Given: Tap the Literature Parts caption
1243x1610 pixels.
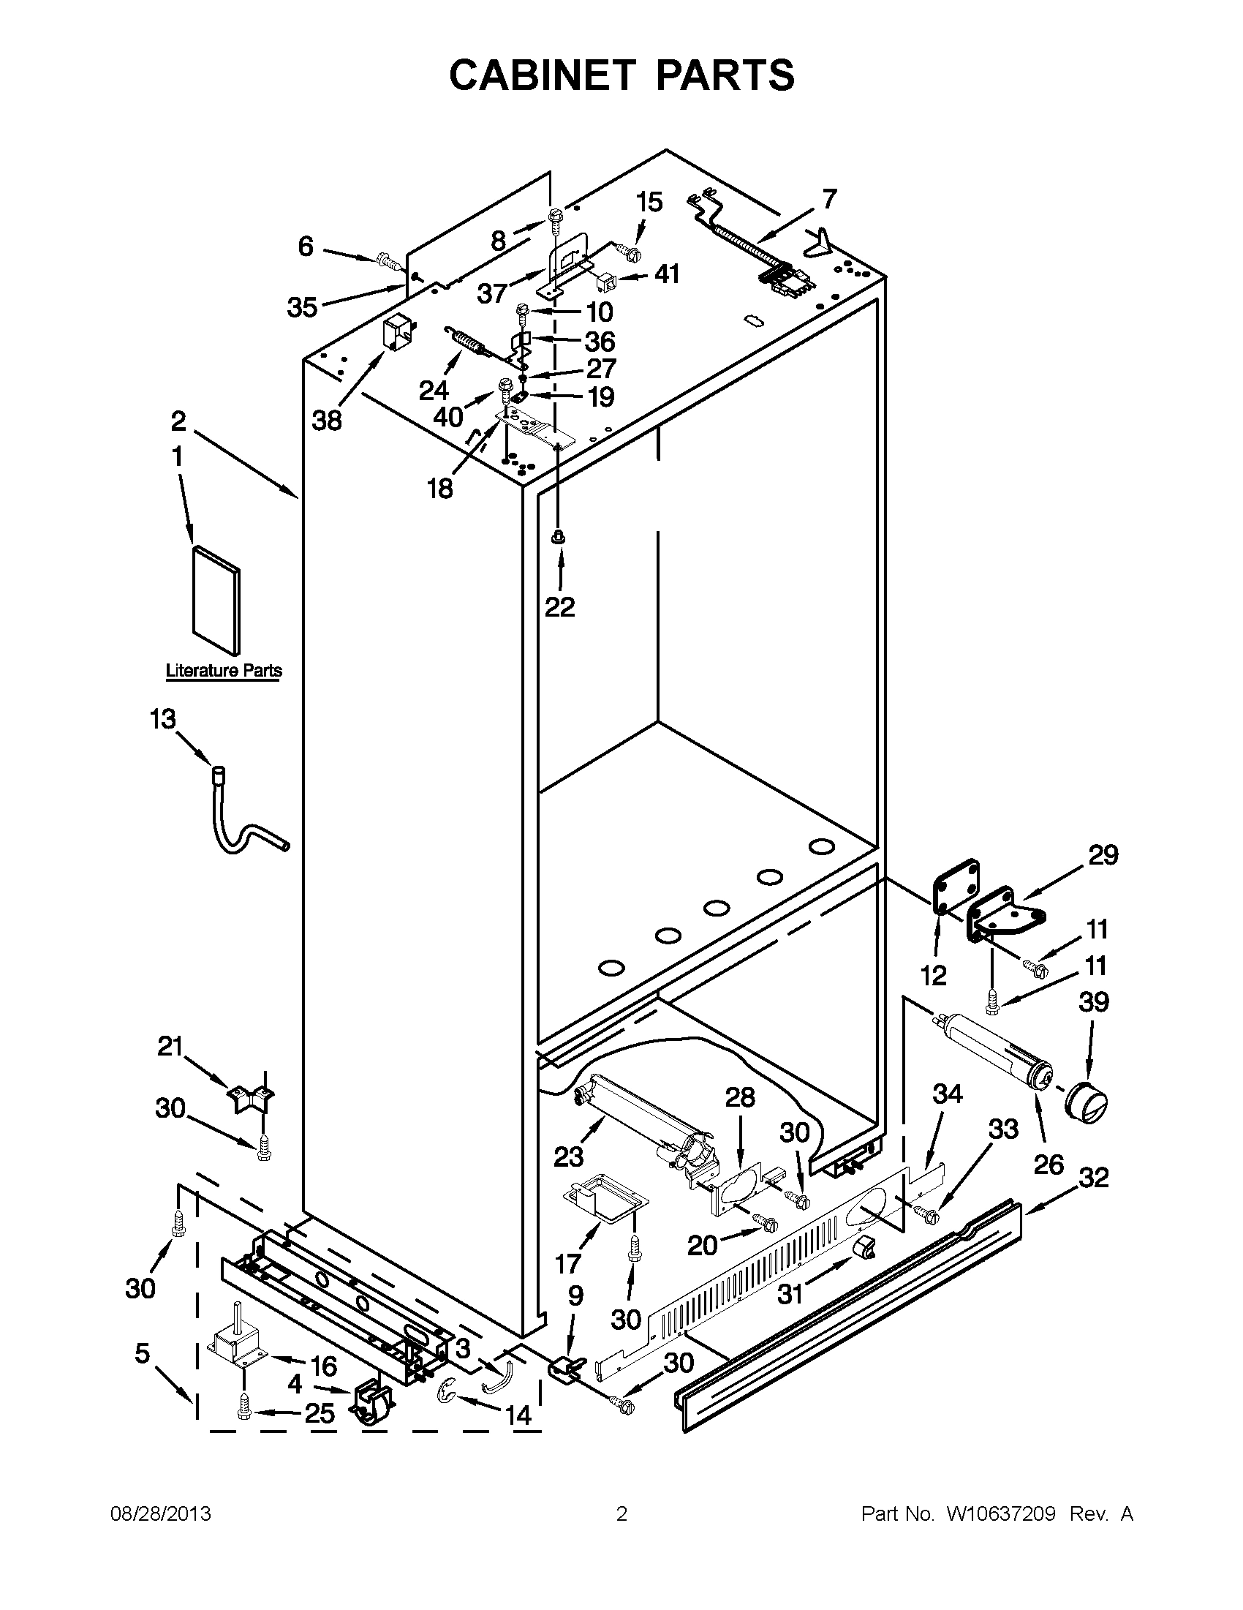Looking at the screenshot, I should (x=223, y=671).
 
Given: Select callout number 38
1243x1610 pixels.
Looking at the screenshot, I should (x=327, y=421).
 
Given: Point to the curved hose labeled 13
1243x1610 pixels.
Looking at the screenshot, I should (x=243, y=833).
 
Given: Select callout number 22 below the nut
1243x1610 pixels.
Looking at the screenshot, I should (x=559, y=606).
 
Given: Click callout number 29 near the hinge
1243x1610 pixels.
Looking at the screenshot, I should (x=1103, y=855).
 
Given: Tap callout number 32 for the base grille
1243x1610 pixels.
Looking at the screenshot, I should (x=1094, y=1177).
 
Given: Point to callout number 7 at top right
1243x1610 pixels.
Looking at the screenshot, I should (x=830, y=199).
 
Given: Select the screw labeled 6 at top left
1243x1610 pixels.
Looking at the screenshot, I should (x=386, y=260).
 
